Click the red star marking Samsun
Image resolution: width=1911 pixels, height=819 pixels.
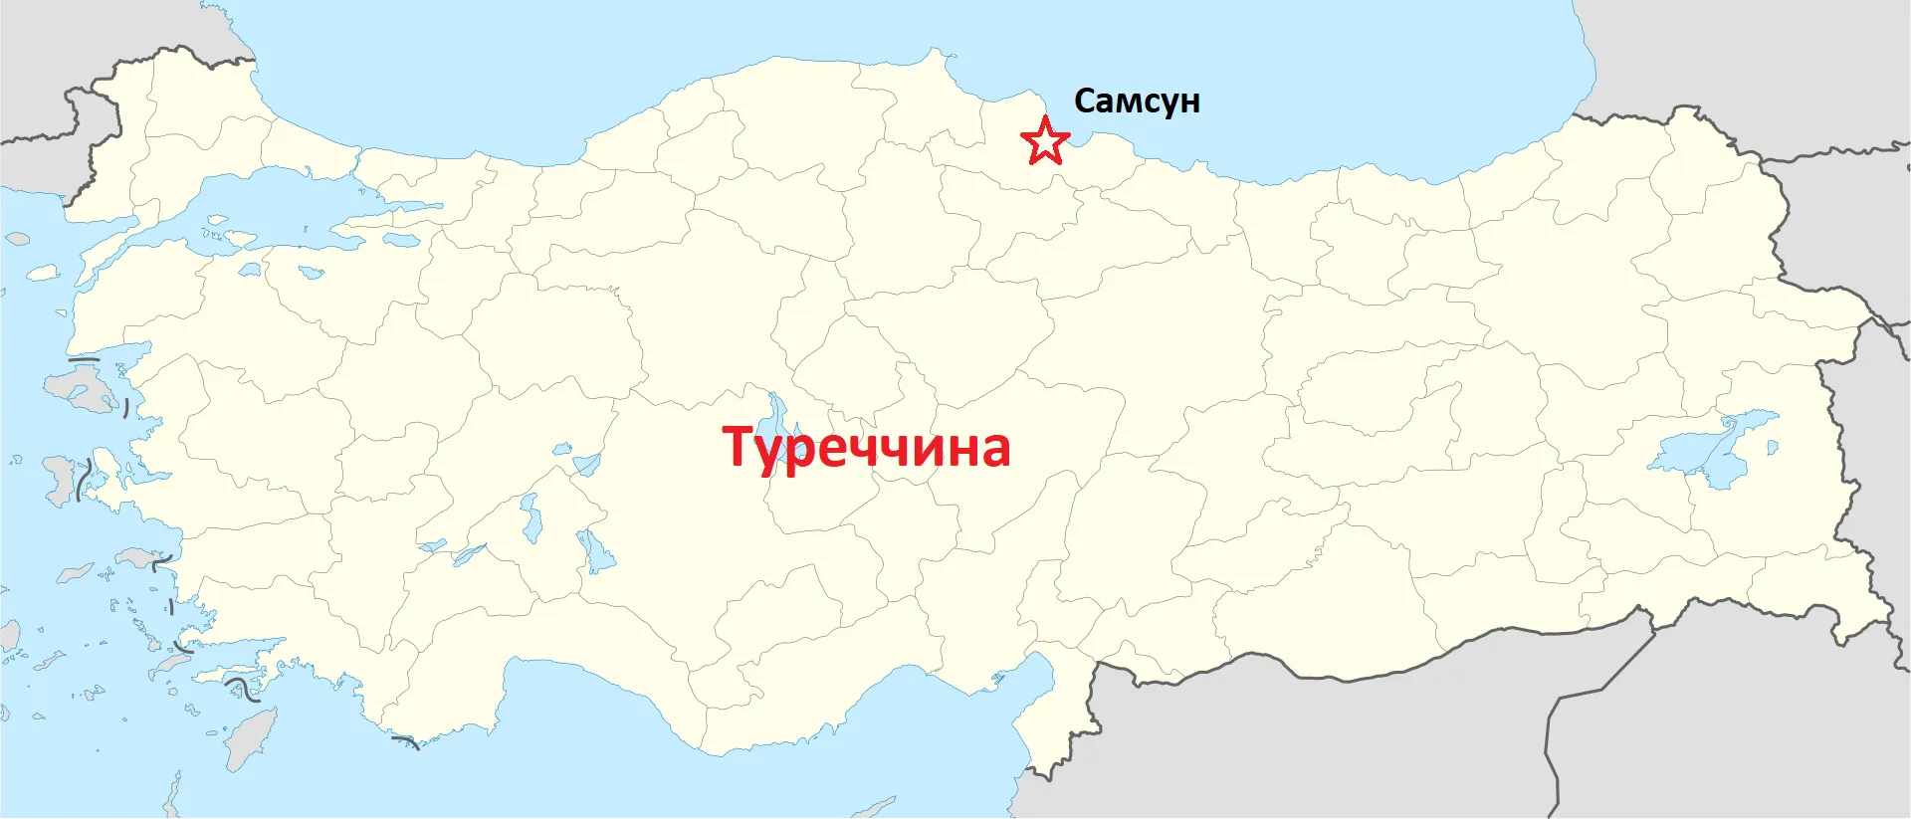click(x=1045, y=141)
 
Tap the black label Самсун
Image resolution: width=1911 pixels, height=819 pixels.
click(x=1137, y=102)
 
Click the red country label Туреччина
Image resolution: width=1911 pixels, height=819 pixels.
click(x=866, y=447)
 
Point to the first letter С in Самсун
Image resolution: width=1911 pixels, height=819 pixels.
click(x=1087, y=101)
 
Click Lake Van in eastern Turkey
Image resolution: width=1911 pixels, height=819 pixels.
click(x=1712, y=449)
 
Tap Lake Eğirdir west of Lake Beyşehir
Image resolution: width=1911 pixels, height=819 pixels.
click(x=531, y=517)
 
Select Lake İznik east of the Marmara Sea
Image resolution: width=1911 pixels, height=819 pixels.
click(x=402, y=240)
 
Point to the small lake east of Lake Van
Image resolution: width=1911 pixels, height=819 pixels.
click(x=1773, y=448)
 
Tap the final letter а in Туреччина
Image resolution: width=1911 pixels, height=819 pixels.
click(x=991, y=450)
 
